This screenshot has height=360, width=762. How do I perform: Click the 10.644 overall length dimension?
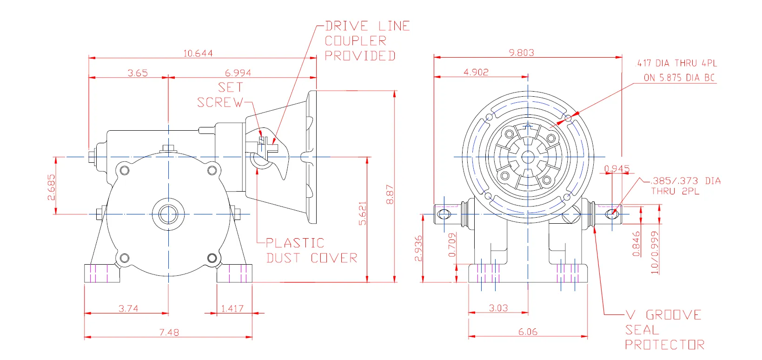tap(198, 53)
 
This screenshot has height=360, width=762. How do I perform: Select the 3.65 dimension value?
tap(138, 73)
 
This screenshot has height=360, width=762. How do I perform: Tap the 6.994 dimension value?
tap(238, 73)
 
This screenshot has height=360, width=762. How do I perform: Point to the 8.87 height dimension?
tap(390, 194)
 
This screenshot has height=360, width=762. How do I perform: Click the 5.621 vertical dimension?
tap(363, 213)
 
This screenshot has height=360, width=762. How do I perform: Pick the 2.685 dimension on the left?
tap(51, 187)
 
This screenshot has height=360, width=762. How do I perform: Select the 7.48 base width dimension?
tap(169, 332)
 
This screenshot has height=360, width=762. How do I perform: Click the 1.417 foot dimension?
tap(232, 308)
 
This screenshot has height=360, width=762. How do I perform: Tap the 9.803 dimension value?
tap(521, 53)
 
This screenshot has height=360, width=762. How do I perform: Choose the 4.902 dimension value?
tap(476, 72)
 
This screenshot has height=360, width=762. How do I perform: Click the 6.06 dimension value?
tap(528, 332)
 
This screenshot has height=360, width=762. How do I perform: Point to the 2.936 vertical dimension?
tap(418, 248)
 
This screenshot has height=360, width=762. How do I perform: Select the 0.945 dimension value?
tap(617, 168)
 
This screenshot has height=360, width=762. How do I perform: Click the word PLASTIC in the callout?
tap(295, 243)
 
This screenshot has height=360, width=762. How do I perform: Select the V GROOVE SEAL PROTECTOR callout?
tap(664, 330)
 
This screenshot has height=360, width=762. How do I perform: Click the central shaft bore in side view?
tap(168, 214)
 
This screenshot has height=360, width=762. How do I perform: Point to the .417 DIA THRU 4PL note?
tap(676, 63)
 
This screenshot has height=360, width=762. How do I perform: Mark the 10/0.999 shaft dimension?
tap(655, 253)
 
